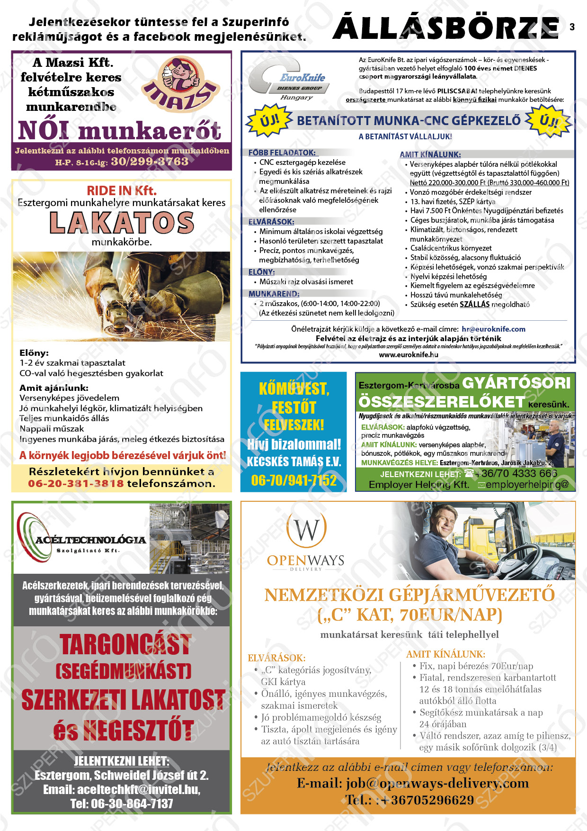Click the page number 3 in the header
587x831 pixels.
pos(572,27)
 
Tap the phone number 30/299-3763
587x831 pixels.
pos(150,162)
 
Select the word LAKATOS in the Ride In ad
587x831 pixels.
pos(122,223)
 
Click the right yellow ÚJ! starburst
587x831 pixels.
pos(548,120)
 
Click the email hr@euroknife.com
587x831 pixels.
pos(493,329)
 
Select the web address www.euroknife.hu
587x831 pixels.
pos(409,354)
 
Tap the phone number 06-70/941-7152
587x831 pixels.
pos(293,480)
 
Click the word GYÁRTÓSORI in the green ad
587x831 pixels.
pos(516,383)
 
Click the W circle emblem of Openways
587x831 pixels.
pos(306,529)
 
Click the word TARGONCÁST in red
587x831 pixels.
pos(125,645)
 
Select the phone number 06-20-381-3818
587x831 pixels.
pos(76,484)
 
